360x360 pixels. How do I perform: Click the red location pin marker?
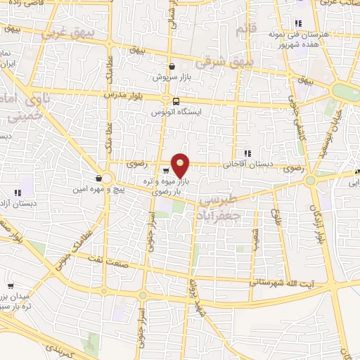[x=181, y=165]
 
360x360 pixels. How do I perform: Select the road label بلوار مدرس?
[x=118, y=94]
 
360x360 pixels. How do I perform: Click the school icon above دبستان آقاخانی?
[x=247, y=153]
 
